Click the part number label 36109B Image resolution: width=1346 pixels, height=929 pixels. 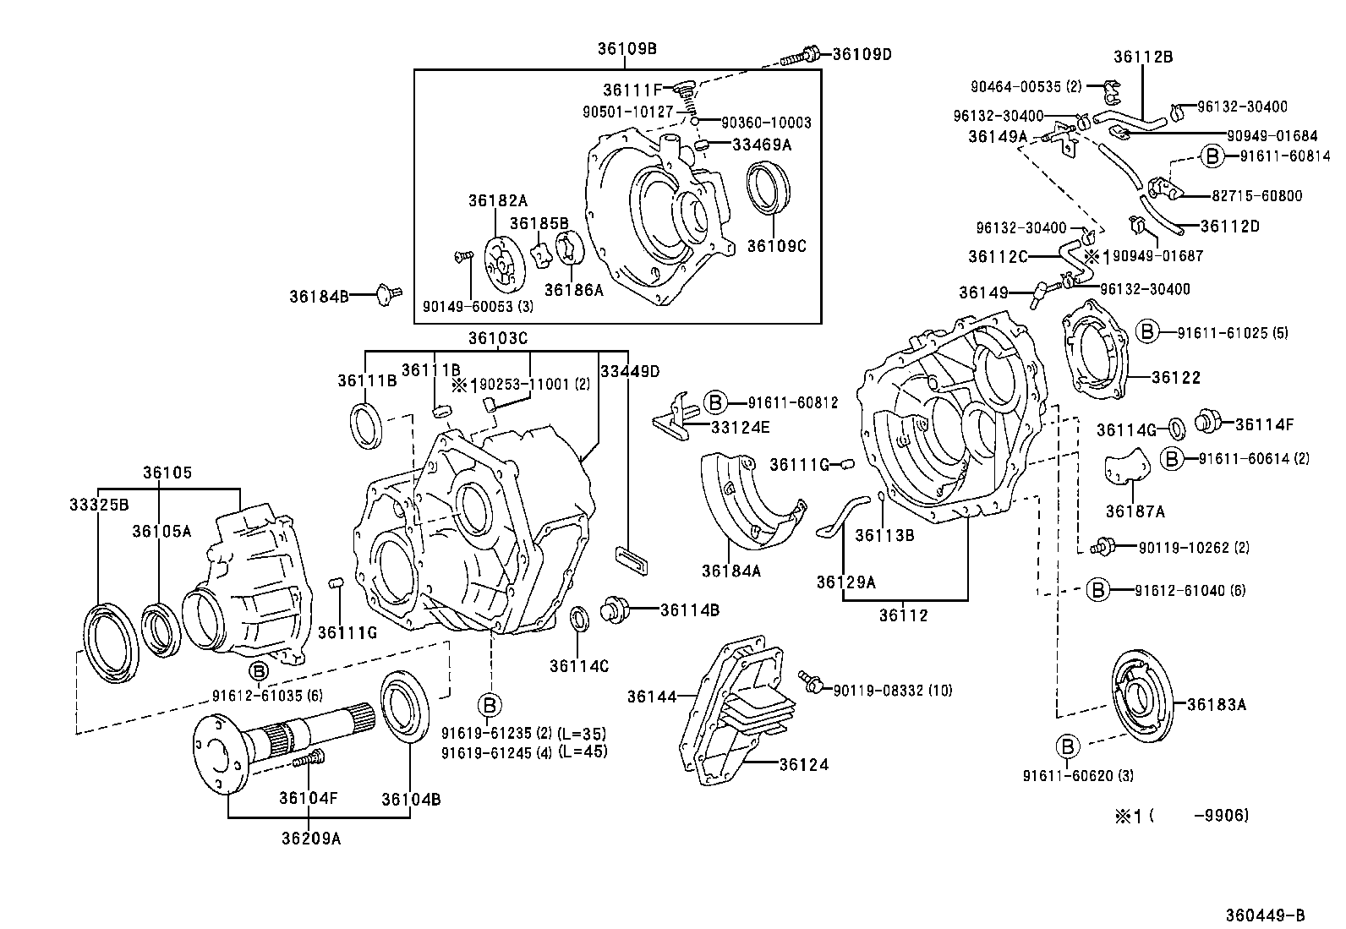[x=626, y=48]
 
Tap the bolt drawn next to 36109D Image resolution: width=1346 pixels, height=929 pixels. [x=798, y=57]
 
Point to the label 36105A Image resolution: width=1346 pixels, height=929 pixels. [x=161, y=530]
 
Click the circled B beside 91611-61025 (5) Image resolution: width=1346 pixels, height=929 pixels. [x=1147, y=332]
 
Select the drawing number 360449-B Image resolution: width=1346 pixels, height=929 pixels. [x=1266, y=915]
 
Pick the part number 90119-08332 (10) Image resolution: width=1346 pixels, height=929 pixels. [x=892, y=691]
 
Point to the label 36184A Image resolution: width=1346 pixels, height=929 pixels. [x=730, y=571]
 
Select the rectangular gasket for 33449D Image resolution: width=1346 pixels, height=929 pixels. [x=629, y=559]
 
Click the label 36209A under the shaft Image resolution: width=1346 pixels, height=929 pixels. [x=312, y=839]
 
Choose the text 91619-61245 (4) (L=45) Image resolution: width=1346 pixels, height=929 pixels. [x=524, y=751]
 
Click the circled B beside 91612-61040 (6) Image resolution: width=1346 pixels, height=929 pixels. [x=1097, y=590]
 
